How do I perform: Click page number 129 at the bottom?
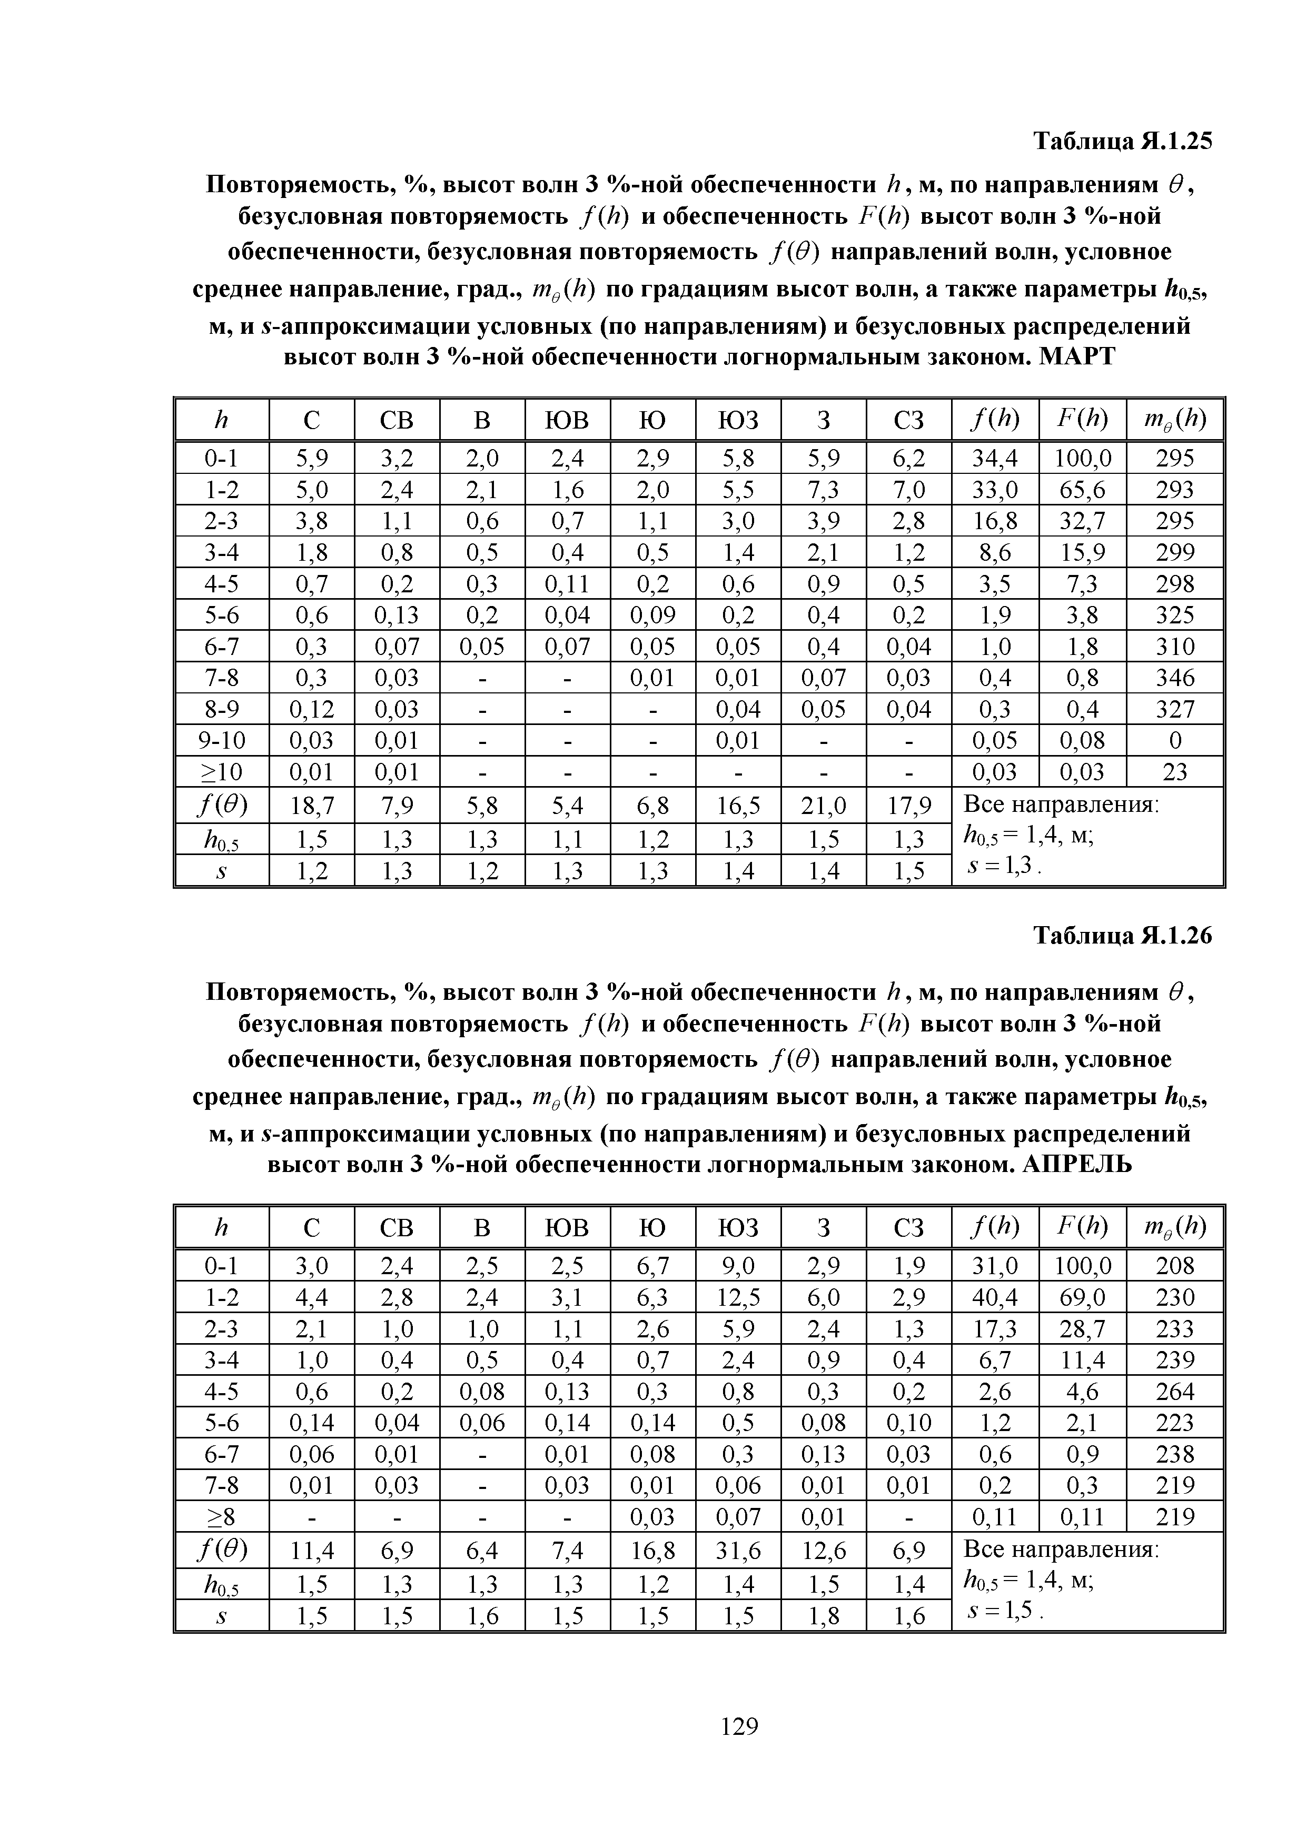739,1725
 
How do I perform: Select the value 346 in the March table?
1175,677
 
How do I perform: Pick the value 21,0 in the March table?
823,805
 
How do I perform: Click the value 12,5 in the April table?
738,1297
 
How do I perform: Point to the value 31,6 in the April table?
738,1550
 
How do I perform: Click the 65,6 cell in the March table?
1082,489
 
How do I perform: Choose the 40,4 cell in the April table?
995,1297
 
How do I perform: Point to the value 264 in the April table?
1175,1391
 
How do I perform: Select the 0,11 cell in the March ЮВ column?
567,583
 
